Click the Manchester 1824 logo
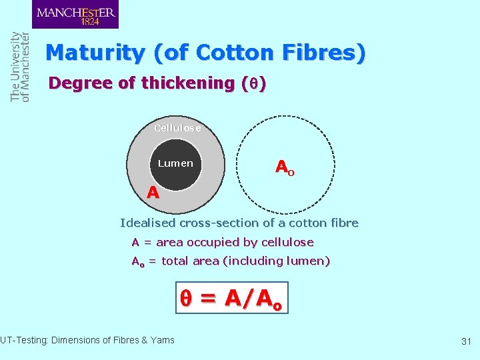[x=75, y=15]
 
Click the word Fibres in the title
[x=323, y=53]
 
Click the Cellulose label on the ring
[x=177, y=128]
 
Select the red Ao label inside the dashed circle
[x=285, y=167]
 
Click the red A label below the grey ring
[x=153, y=193]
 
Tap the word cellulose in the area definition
[x=287, y=242]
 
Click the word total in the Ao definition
[x=177, y=261]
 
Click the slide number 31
[x=466, y=341]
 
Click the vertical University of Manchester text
[x=20, y=67]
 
